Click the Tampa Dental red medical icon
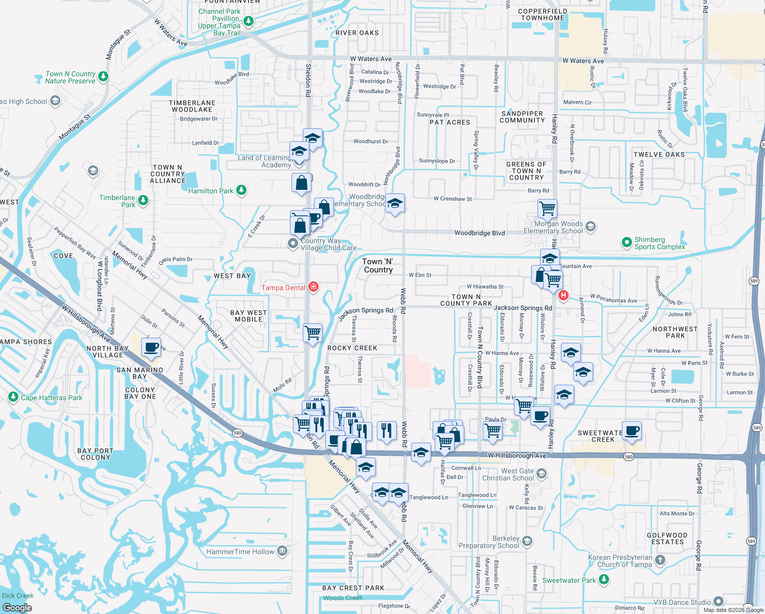[x=313, y=287]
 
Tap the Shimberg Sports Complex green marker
[x=626, y=243]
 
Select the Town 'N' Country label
[x=378, y=266]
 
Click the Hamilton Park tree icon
[x=241, y=190]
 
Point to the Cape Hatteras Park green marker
[x=13, y=397]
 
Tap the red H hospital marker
[x=563, y=295]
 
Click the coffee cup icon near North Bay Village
[x=151, y=348]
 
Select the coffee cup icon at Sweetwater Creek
[x=632, y=431]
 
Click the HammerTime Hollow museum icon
[x=282, y=551]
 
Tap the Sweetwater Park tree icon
[x=604, y=580]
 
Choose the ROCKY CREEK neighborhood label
[x=352, y=348]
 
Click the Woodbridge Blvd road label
[x=479, y=233]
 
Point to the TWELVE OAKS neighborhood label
[x=659, y=155]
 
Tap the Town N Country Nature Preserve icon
[x=103, y=77]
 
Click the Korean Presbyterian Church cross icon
[x=660, y=560]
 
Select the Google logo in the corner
[x=17, y=607]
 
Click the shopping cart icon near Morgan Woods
[x=547, y=208]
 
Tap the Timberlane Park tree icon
[x=143, y=201]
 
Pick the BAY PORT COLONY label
[x=95, y=454]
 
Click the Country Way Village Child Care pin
[x=292, y=244]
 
